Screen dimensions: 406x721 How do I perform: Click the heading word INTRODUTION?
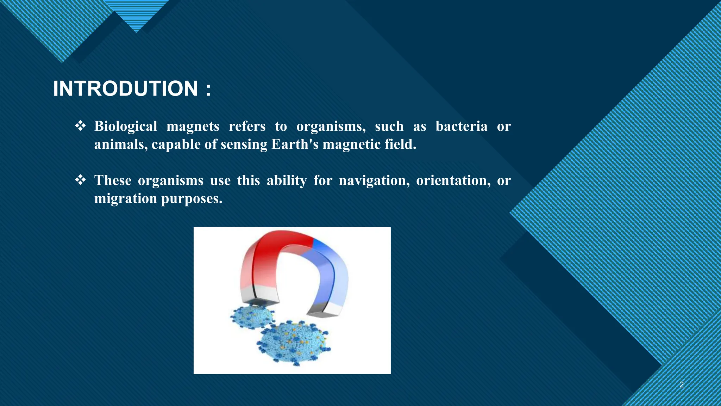[x=125, y=88]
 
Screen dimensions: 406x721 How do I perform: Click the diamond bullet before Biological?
[x=80, y=126]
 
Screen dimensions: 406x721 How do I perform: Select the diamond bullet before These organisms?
[x=80, y=180]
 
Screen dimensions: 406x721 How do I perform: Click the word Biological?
[x=126, y=127]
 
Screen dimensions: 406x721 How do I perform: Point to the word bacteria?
[x=461, y=126]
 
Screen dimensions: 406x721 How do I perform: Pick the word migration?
[x=126, y=199]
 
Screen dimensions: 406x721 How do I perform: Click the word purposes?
[x=192, y=199]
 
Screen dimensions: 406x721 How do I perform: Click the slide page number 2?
[x=682, y=385]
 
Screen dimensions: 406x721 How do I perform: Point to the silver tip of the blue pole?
[x=323, y=310]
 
